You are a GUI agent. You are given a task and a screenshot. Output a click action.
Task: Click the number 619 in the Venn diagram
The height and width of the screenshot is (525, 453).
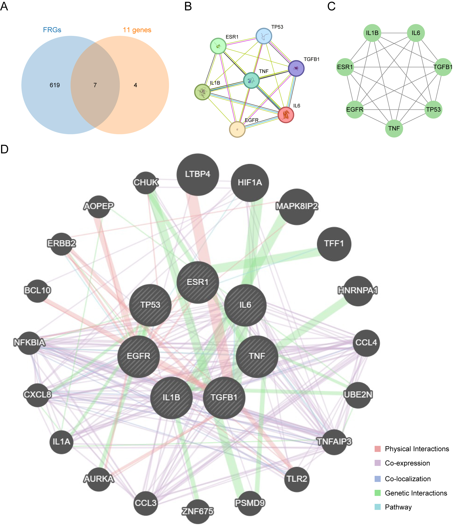coord(55,85)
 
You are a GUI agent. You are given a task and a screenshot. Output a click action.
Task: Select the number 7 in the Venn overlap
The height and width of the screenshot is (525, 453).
coord(95,85)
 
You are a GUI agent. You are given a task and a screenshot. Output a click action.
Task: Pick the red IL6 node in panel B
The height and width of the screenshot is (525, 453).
coord(286,115)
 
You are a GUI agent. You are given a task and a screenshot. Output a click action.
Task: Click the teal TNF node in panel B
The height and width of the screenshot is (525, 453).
coord(251,80)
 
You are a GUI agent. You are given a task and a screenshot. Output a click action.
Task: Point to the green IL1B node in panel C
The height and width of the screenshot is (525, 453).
coord(372,33)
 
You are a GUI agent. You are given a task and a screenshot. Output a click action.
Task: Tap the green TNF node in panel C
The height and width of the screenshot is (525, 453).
coord(394,129)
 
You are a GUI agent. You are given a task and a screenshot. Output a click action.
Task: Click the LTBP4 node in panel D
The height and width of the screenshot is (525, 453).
coord(198,174)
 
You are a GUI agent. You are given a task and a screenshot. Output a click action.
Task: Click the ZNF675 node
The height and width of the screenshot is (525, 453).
coord(198,511)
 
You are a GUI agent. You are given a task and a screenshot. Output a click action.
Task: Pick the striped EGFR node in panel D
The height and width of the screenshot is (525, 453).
coord(139,356)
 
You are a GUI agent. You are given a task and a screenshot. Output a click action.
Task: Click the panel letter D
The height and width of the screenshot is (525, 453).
coord(5,149)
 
